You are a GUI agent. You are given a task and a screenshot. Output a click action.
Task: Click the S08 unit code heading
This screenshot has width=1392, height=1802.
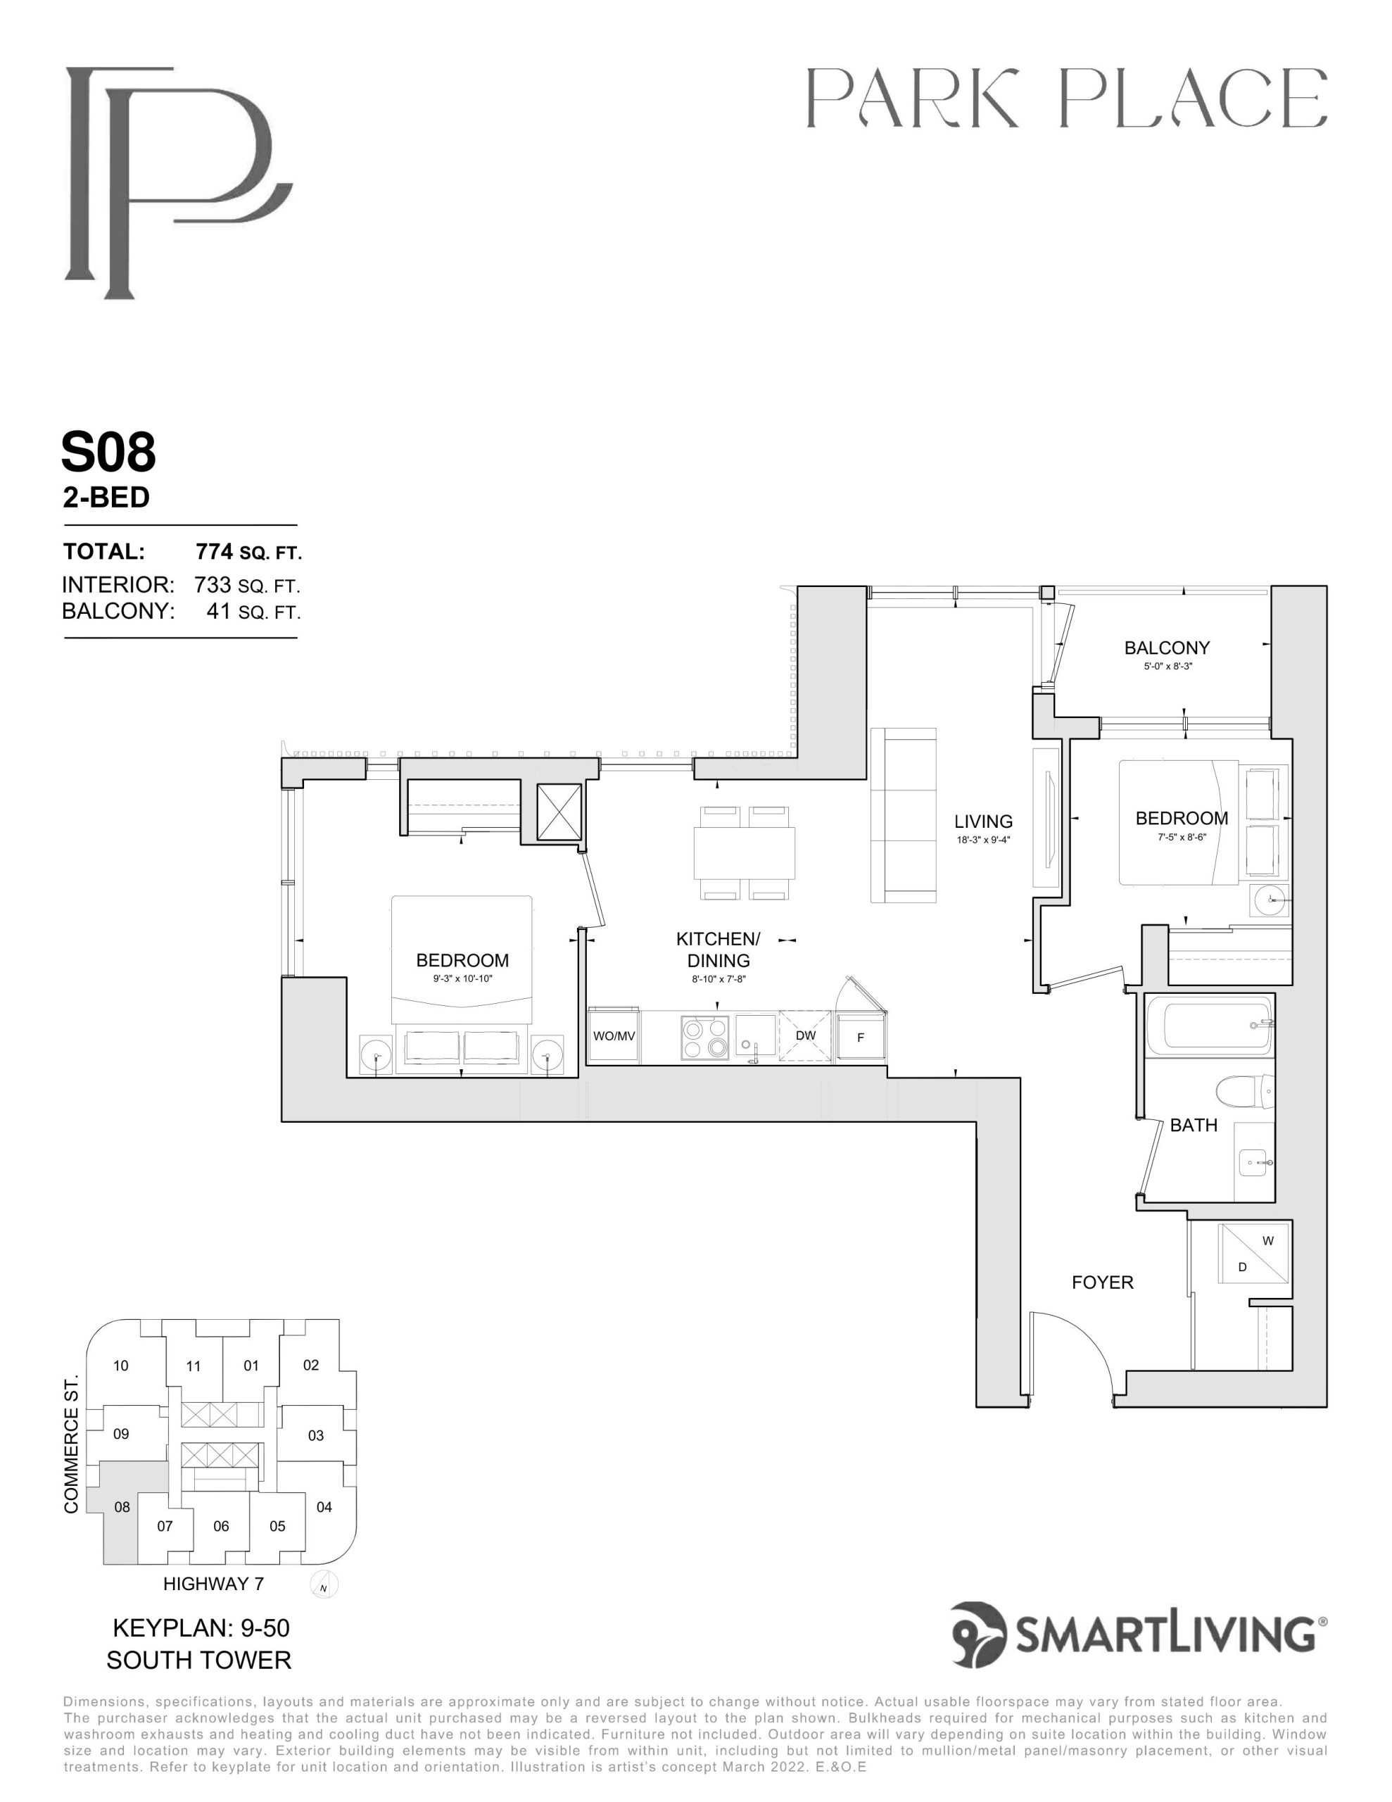pos(108,452)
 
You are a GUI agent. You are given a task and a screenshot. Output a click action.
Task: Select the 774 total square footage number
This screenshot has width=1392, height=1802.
pos(213,551)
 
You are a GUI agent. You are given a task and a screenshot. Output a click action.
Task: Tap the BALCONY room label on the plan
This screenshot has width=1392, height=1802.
pos(1167,648)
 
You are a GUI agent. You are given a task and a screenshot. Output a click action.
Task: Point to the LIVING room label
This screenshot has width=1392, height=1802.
pos(982,821)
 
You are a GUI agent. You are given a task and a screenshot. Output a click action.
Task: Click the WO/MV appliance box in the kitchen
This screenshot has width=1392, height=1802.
pos(614,1035)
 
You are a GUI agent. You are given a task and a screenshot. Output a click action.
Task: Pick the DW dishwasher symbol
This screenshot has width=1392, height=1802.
pos(805,1035)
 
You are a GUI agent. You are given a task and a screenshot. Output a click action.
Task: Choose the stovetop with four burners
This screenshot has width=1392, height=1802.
pos(705,1037)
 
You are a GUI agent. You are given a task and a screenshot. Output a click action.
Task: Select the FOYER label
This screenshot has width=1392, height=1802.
pos(1102,1283)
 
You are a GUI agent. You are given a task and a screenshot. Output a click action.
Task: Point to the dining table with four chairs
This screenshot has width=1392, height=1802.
pos(745,853)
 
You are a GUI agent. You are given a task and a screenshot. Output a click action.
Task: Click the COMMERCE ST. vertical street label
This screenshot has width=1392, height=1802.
pos(72,1444)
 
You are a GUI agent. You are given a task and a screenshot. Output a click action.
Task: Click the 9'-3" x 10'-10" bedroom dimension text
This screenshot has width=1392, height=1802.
pos(462,978)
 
